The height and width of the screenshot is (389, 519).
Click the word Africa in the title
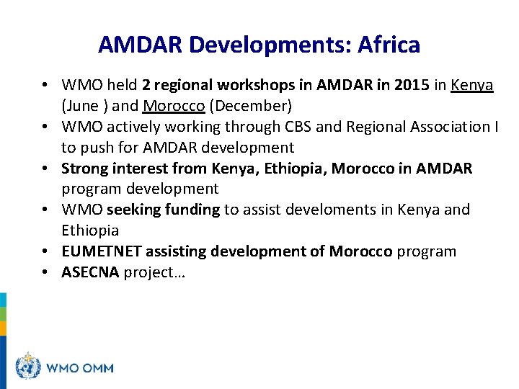tap(386, 45)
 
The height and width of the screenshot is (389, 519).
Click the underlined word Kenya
tap(472, 85)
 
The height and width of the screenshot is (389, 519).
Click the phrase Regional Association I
tap(422, 127)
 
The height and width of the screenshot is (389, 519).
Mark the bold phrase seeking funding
tap(163, 210)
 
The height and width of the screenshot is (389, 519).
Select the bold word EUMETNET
tap(102, 251)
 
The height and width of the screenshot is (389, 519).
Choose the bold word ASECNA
tap(91, 272)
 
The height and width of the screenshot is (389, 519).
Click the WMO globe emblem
tap(28, 367)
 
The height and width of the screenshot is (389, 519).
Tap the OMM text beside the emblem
tap(97, 367)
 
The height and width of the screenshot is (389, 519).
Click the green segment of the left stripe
tap(3, 313)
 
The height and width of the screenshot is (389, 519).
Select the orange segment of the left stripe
tap(3, 328)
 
